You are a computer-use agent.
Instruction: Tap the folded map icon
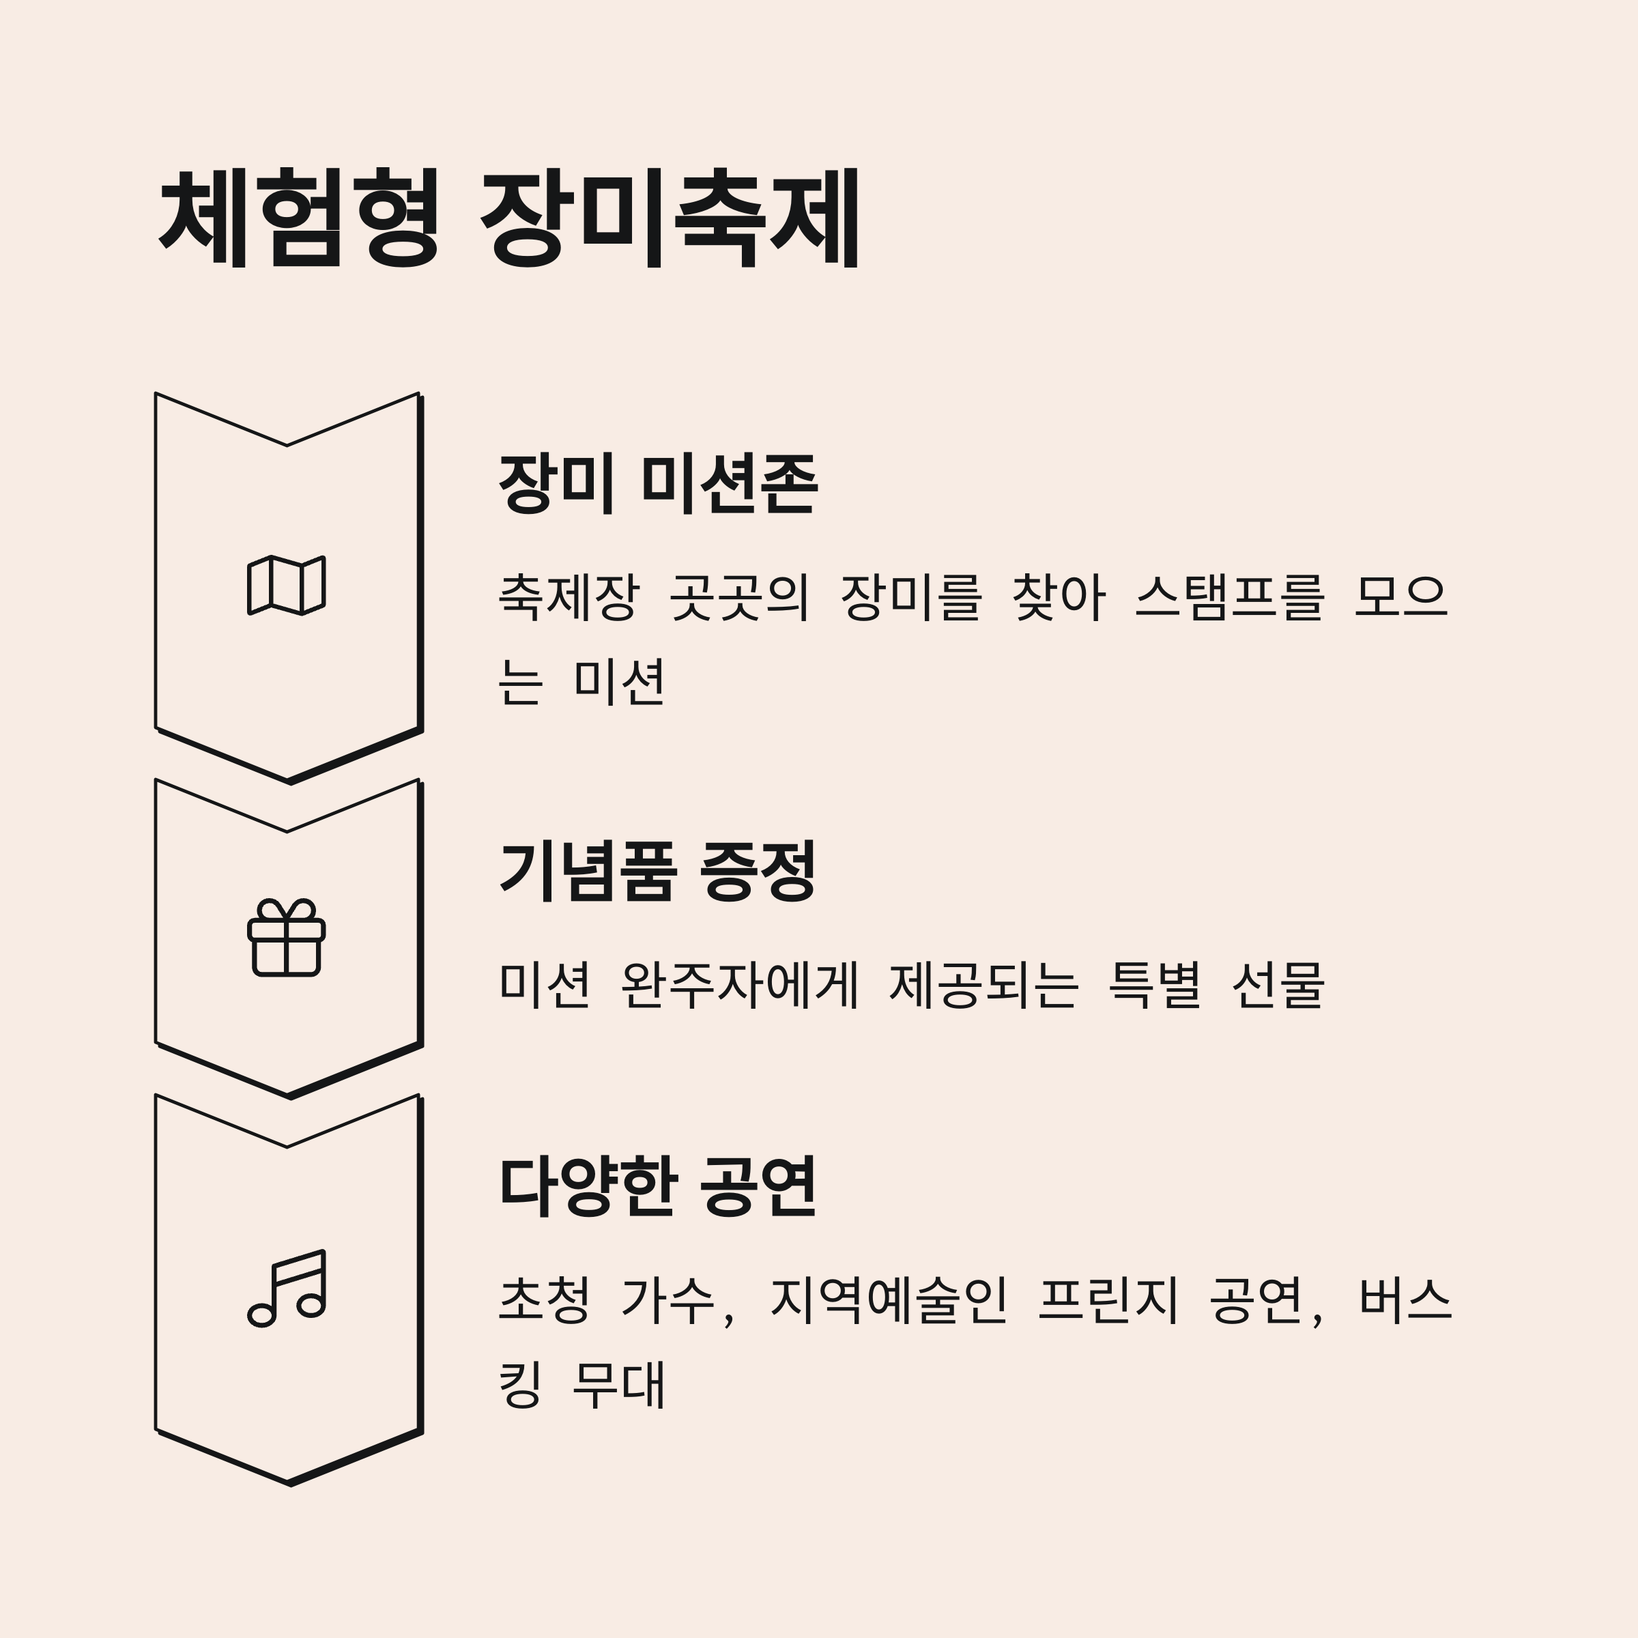point(287,585)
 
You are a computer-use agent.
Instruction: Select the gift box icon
point(287,938)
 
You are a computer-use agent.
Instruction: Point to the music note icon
point(287,1288)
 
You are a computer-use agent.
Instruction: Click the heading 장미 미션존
point(658,483)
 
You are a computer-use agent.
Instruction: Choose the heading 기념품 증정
point(658,871)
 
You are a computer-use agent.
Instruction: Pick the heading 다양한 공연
point(658,1186)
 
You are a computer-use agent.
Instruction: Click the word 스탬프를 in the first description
point(1229,598)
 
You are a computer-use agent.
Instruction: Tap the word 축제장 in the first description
point(568,598)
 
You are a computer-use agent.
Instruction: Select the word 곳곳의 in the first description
point(739,598)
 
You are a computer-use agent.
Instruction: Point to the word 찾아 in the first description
point(1058,598)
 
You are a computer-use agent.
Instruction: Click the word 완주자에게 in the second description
point(740,985)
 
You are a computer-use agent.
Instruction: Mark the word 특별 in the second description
point(1154,985)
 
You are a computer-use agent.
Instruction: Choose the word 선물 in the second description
point(1278,985)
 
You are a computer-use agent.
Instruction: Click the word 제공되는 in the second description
point(983,985)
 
